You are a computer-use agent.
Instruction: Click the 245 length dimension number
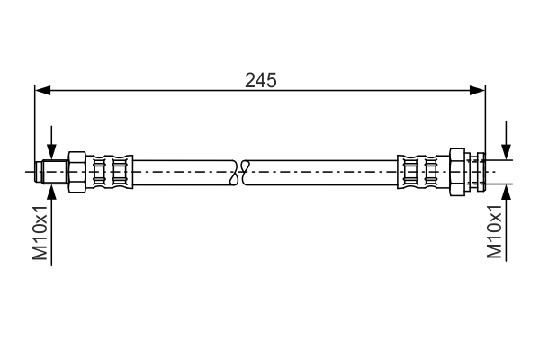coord(261,79)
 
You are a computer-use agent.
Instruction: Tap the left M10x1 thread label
coord(40,233)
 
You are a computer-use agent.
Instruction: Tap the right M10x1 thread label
coord(494,231)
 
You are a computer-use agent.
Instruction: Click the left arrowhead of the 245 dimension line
coord(41,90)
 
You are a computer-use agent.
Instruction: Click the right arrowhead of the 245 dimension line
coord(479,90)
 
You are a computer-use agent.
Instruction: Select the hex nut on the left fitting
coord(76,170)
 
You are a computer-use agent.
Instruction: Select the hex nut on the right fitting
coord(457,170)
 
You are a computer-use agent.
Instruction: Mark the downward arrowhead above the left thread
coord(51,154)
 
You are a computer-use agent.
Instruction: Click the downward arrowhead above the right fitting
coord(508,155)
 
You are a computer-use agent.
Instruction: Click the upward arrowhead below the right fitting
coord(508,191)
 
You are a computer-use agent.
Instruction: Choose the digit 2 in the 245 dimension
coord(250,79)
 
